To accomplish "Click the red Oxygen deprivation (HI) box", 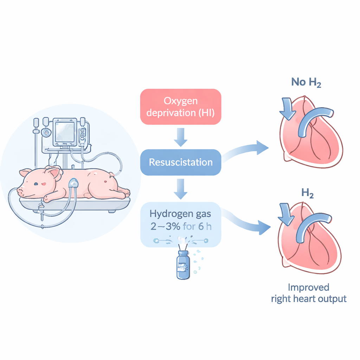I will coord(181,107).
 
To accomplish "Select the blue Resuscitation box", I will coord(181,162).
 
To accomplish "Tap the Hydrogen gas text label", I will coord(181,213).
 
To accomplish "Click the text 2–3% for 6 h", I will coord(181,227).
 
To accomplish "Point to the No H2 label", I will coord(306,83).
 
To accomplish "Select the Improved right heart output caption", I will coord(309,293).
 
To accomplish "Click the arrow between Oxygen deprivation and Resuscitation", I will coord(181,137).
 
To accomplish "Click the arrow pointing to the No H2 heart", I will coord(246,150).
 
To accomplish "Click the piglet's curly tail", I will coord(112,174).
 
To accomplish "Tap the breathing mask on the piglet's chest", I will coord(73,183).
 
